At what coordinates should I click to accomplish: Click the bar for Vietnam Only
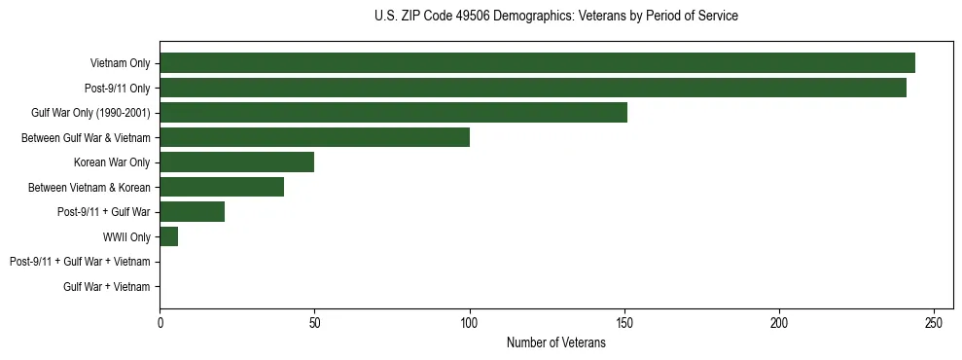(x=537, y=63)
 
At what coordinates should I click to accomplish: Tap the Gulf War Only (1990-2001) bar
(x=393, y=112)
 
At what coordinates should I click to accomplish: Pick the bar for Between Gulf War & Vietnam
(x=314, y=137)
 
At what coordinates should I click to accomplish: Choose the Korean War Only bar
(x=236, y=162)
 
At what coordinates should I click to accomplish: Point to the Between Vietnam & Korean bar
(x=222, y=187)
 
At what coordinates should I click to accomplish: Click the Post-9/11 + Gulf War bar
(x=192, y=211)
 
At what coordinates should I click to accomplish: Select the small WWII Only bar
(x=168, y=236)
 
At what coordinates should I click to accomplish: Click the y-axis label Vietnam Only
(x=120, y=63)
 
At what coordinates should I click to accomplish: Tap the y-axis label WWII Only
(x=126, y=236)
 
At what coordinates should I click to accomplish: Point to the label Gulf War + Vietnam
(x=106, y=286)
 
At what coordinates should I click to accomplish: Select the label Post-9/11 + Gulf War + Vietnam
(x=80, y=262)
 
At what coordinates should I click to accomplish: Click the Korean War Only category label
(x=112, y=162)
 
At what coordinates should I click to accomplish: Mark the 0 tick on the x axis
(x=160, y=322)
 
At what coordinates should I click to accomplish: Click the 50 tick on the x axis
(x=314, y=322)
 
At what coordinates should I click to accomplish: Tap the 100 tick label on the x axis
(x=469, y=322)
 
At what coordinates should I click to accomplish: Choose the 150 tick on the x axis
(x=624, y=322)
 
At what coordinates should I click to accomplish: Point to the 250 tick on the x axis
(x=934, y=322)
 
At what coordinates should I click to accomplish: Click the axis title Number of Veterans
(x=555, y=342)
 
